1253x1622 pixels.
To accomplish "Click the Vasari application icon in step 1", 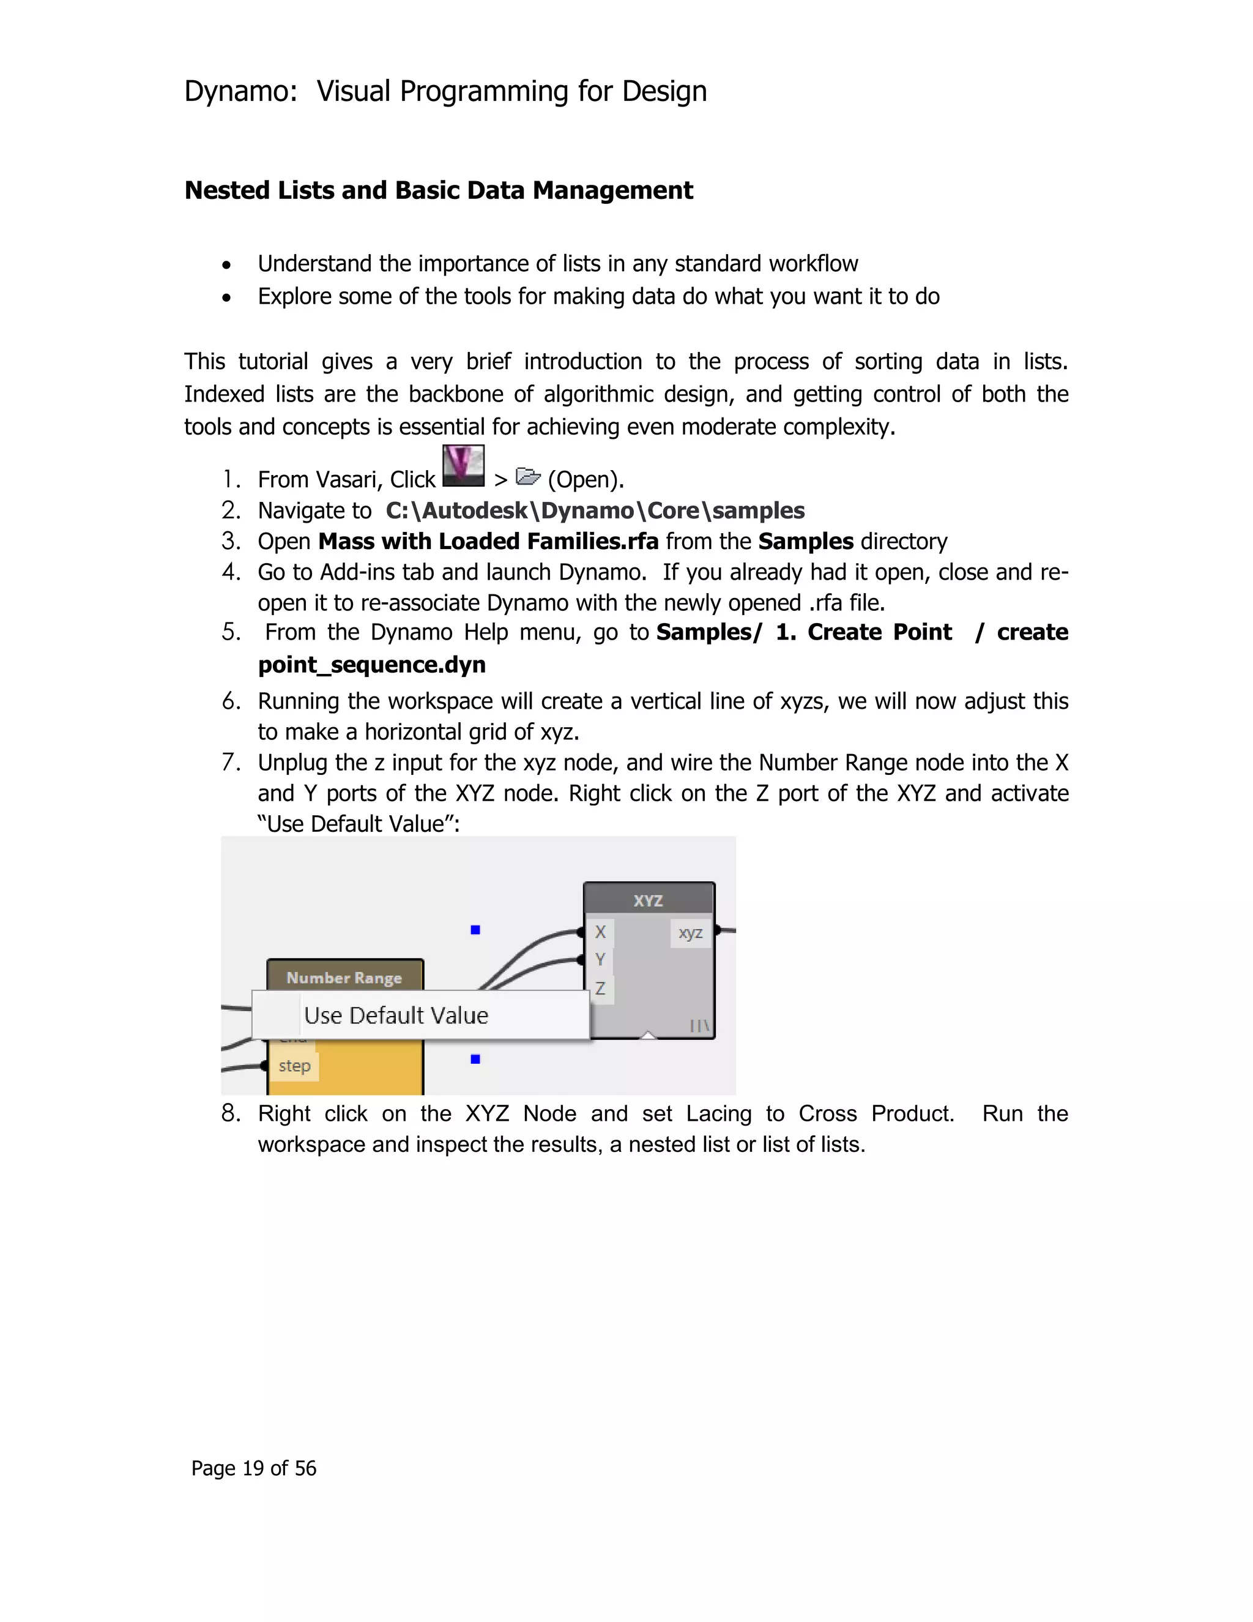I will [x=463, y=466].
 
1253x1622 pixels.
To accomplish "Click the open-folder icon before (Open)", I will [x=528, y=476].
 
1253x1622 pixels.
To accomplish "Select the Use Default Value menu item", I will [x=396, y=1015].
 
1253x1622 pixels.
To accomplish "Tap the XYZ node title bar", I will [x=648, y=900].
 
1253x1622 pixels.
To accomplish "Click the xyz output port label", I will [x=690, y=933].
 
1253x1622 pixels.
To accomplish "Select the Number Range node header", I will [x=344, y=977].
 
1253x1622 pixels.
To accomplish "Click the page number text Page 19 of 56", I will [x=254, y=1468].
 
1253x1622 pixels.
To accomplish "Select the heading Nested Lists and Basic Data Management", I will [x=438, y=190].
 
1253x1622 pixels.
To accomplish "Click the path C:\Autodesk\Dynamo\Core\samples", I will [x=595, y=510].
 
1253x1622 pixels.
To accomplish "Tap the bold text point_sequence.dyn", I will [x=371, y=664].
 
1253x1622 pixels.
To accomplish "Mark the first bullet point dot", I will [x=226, y=265].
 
